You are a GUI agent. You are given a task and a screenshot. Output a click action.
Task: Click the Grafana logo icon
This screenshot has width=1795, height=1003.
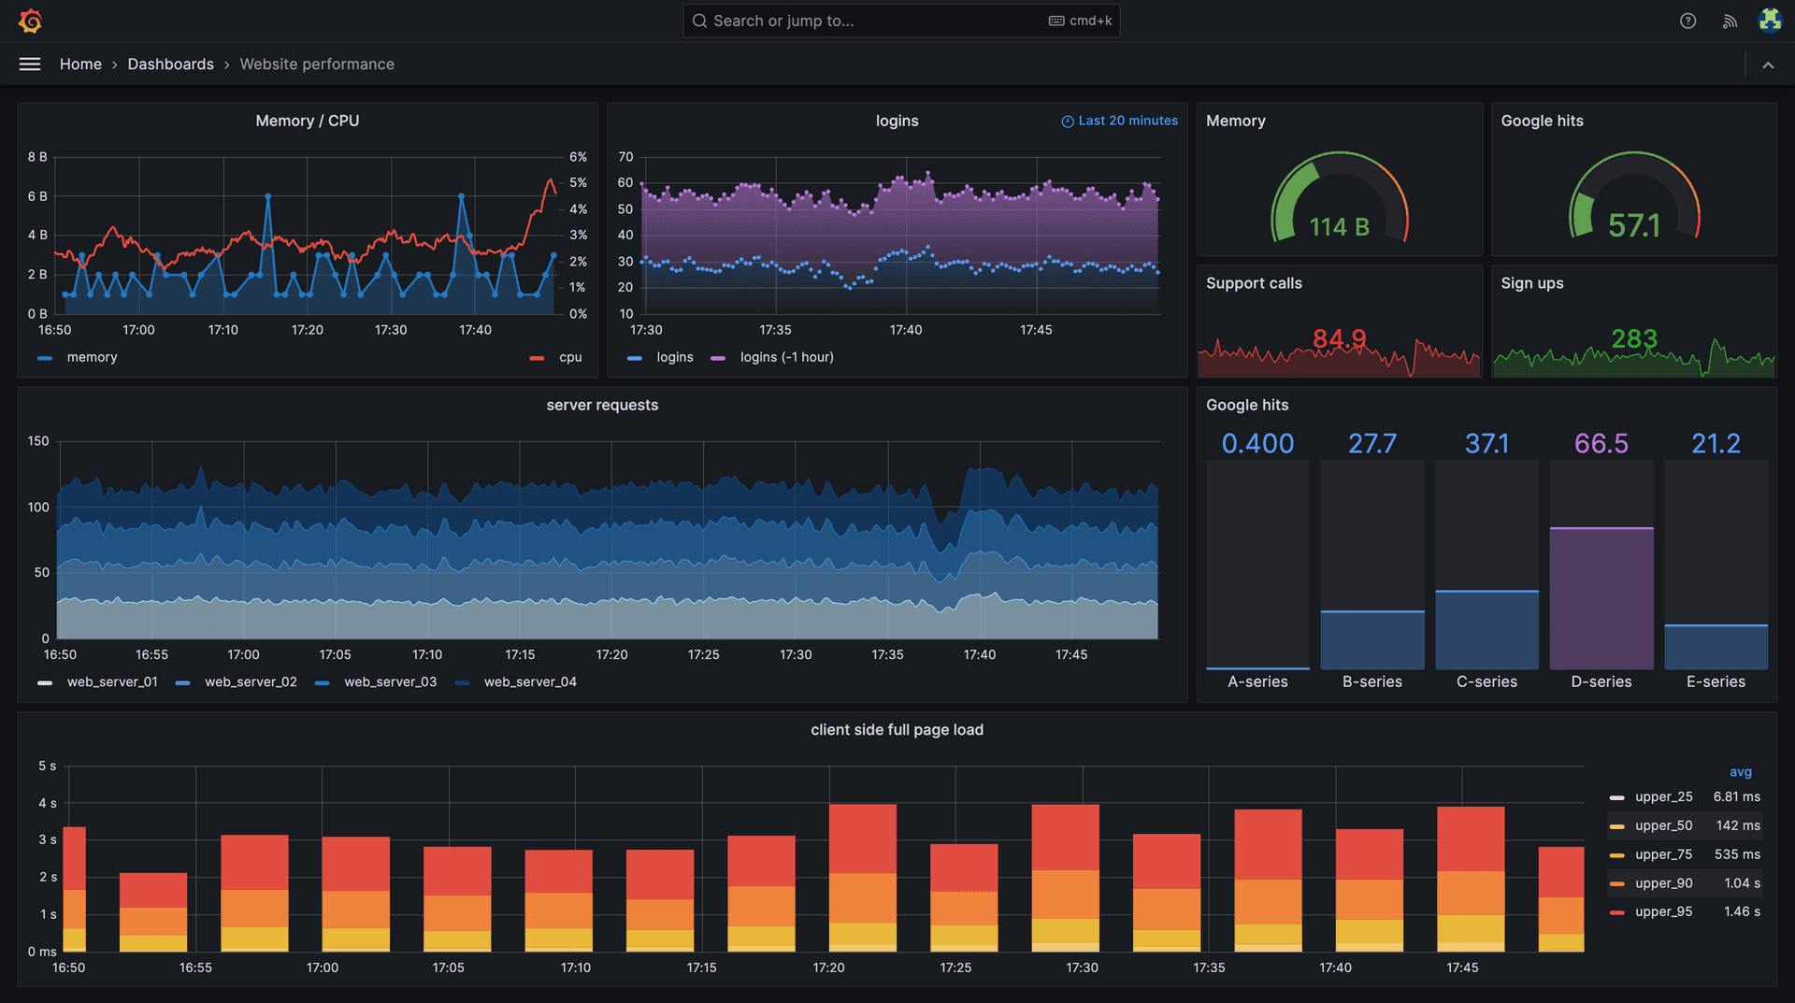[x=30, y=21]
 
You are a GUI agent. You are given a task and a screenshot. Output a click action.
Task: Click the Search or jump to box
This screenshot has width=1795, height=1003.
[x=900, y=21]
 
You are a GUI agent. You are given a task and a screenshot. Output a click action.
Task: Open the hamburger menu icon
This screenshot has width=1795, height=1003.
[x=30, y=64]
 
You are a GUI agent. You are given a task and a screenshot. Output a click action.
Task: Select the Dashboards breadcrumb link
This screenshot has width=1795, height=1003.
[x=170, y=64]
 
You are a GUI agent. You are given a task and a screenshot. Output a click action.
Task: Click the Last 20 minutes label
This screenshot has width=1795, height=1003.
[x=1127, y=121]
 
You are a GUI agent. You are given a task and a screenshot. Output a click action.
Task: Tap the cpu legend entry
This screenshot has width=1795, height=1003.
[x=569, y=357]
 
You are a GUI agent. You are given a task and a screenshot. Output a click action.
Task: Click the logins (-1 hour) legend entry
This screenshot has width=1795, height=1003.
[x=785, y=357]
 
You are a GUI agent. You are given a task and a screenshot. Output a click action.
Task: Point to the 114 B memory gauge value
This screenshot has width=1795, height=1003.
[x=1339, y=227]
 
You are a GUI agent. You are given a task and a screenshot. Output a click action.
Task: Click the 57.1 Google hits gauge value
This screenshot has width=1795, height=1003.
[x=1633, y=225]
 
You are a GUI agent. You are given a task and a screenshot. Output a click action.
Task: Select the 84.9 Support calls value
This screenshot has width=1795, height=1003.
[x=1339, y=338]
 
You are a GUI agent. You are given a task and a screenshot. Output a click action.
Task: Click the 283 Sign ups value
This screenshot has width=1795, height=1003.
[x=1633, y=338]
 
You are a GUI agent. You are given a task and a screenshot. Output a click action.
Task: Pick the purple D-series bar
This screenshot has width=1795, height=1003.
[x=1601, y=598]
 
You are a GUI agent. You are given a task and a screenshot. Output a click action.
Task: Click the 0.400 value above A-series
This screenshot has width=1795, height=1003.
[x=1257, y=443]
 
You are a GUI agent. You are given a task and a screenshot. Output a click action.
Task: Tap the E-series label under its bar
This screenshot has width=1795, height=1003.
[x=1715, y=681]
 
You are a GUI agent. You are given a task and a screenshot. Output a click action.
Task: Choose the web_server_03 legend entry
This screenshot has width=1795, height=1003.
[x=389, y=682]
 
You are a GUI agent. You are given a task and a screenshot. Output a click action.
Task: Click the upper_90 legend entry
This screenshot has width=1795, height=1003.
[x=1663, y=883]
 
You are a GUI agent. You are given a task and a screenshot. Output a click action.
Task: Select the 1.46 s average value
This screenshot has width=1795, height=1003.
[x=1741, y=911]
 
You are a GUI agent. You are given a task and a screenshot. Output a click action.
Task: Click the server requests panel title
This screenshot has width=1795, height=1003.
[x=602, y=405]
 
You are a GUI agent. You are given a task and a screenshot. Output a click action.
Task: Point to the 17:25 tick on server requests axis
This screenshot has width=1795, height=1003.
[x=703, y=654]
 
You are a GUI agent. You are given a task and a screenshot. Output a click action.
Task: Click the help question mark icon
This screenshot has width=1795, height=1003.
[x=1687, y=21]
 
